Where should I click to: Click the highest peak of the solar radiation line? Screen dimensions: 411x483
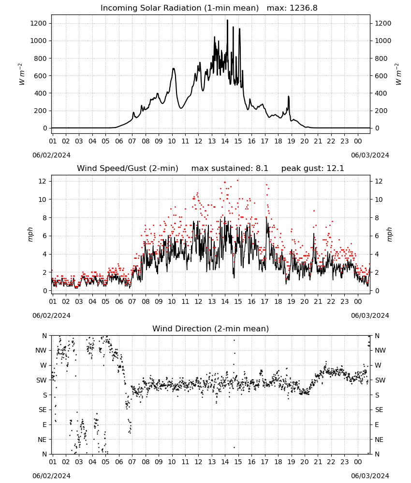[228, 20]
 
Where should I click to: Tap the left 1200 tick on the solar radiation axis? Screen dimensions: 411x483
[38, 23]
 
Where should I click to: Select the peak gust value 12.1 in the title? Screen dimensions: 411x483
[336, 168]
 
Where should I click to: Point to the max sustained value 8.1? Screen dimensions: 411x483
[262, 168]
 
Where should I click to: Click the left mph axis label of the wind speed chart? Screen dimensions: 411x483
[30, 234]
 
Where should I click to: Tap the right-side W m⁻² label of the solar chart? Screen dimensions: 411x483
[398, 74]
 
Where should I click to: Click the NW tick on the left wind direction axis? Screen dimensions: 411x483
[41, 350]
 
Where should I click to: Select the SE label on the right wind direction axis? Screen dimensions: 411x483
[379, 410]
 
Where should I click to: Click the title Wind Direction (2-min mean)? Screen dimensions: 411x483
[211, 328]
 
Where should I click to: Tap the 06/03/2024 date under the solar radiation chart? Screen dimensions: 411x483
[370, 155]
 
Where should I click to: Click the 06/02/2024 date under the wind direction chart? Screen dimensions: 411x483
[51, 476]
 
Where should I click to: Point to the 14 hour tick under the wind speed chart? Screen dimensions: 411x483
[225, 301]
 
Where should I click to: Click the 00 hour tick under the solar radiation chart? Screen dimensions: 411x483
[358, 141]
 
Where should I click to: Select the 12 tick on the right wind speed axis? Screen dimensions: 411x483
[379, 181]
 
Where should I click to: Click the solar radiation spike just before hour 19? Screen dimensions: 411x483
[289, 97]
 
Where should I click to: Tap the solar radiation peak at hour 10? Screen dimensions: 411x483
[174, 69]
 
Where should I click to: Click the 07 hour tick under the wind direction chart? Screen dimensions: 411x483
[132, 462]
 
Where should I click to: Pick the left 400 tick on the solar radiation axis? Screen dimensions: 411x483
[41, 93]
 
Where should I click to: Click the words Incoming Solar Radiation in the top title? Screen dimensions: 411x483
[151, 8]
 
